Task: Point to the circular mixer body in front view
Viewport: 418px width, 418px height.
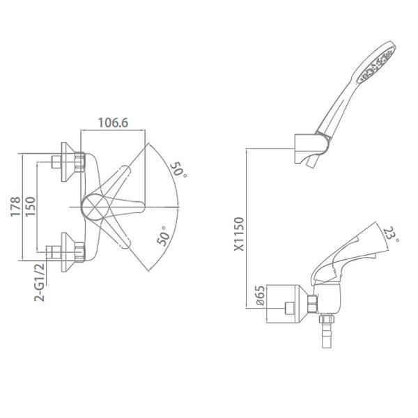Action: pos(95,206)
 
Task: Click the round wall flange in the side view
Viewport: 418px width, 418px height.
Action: pos(285,302)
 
